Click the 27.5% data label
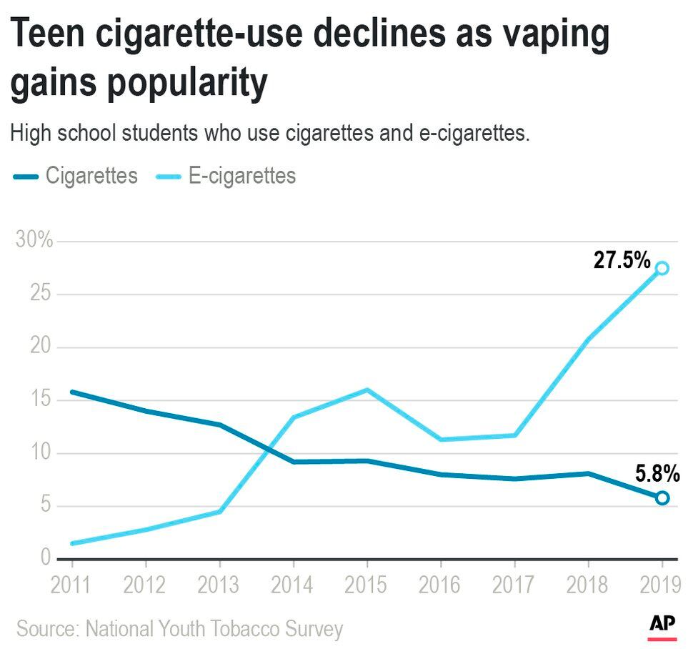click(x=622, y=260)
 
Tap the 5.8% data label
click(x=657, y=473)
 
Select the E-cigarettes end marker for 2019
click(x=662, y=268)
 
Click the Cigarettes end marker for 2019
click(x=662, y=497)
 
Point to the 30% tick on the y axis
click(x=34, y=240)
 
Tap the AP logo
click(x=662, y=625)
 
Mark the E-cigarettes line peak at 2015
click(x=367, y=390)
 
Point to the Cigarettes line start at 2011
click(x=71, y=392)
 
